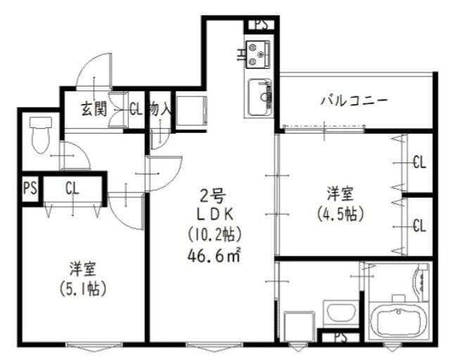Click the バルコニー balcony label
(x=354, y=100)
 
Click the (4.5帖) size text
(x=342, y=212)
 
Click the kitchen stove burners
(x=258, y=51)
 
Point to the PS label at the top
(x=260, y=24)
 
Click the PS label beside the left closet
(x=29, y=188)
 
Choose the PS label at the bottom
(x=340, y=337)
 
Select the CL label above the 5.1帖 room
(x=72, y=188)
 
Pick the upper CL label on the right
(x=419, y=162)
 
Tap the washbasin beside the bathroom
(x=338, y=311)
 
